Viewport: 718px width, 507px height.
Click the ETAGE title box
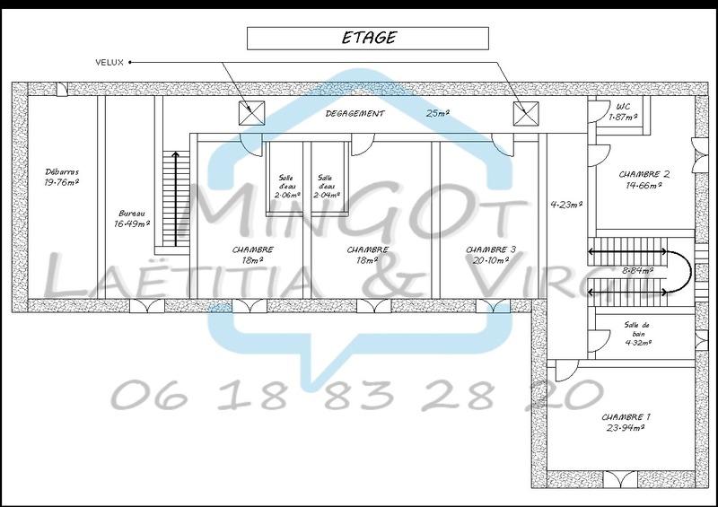[368, 38]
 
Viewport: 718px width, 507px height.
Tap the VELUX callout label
[111, 62]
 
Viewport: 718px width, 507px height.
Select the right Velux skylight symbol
[524, 113]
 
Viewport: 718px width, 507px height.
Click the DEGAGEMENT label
[355, 114]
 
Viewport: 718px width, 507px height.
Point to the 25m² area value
[438, 114]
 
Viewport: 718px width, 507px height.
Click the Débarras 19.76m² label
[62, 176]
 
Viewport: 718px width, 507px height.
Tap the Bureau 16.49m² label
[131, 219]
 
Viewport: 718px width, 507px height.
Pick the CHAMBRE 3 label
[490, 255]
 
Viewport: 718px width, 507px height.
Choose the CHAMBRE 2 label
[644, 179]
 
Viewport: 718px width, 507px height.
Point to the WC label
[622, 111]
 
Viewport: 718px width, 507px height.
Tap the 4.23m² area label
[566, 204]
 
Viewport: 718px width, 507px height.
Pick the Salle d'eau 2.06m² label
[286, 186]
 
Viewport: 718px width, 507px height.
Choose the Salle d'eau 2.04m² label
[326, 186]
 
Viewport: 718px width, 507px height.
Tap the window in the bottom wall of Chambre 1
[620, 477]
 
